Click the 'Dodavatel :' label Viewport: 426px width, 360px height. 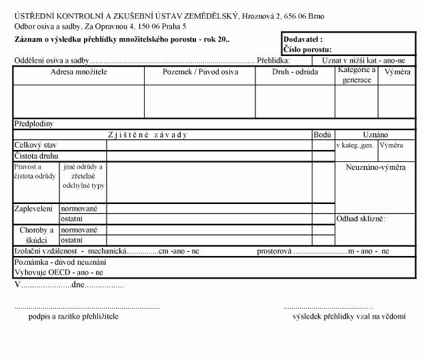pyautogui.click(x=303, y=40)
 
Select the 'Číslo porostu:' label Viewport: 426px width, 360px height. pyautogui.click(x=307, y=49)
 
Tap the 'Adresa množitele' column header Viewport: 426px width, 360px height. pyautogui.click(x=79, y=71)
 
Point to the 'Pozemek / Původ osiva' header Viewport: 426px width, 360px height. pyautogui.click(x=200, y=71)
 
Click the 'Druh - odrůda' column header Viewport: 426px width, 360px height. pyautogui.click(x=295, y=71)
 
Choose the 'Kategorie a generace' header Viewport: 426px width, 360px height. pyautogui.click(x=357, y=75)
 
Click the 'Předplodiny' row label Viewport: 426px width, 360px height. pyautogui.click(x=34, y=124)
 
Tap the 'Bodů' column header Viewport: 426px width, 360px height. pyautogui.click(x=323, y=135)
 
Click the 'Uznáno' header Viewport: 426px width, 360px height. pyautogui.click(x=375, y=135)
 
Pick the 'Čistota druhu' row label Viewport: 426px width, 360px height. pyautogui.click(x=37, y=155)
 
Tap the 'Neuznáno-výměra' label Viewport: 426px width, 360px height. pyautogui.click(x=375, y=167)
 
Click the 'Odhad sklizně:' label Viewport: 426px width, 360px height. pyautogui.click(x=361, y=219)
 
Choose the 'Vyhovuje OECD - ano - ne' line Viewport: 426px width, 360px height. pyautogui.click(x=59, y=273)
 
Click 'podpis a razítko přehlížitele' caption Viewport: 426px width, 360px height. pyautogui.click(x=73, y=316)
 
